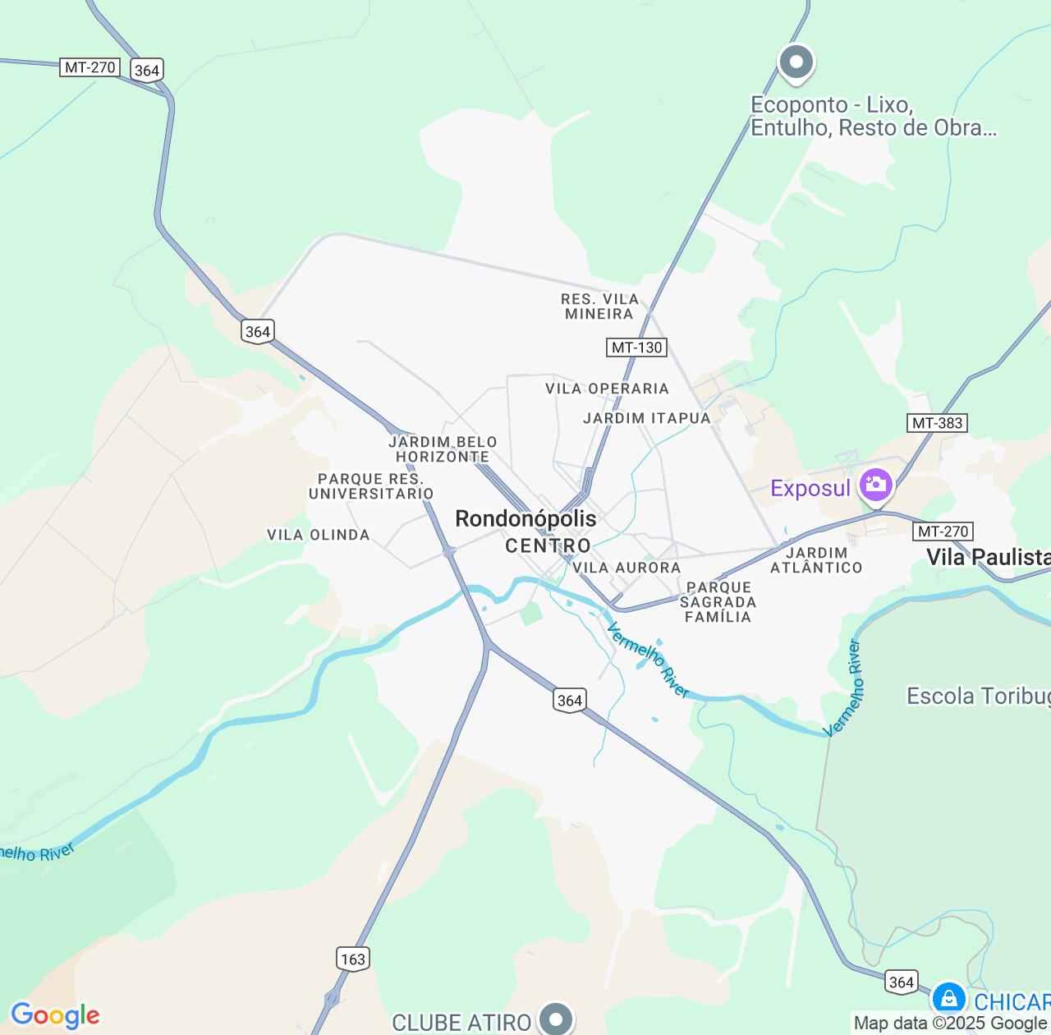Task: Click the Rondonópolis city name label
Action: point(525,518)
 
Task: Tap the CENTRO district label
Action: point(548,545)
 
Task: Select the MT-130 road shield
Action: point(637,347)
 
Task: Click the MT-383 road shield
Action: point(938,423)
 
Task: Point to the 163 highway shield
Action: point(352,959)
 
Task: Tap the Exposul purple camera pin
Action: point(875,485)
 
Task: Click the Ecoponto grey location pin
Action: point(796,62)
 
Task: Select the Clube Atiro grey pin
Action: point(556,1019)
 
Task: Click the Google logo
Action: point(55,1015)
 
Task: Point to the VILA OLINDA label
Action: point(319,535)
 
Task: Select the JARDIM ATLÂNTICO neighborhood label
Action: point(816,560)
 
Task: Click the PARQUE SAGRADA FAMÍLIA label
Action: point(718,602)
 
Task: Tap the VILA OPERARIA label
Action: point(607,389)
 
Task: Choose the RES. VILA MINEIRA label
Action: point(599,306)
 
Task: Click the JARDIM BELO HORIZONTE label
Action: point(443,449)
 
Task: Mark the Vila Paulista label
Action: point(988,557)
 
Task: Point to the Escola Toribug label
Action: point(978,697)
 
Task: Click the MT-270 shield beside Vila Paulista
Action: point(943,531)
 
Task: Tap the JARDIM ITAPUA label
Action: point(646,418)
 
